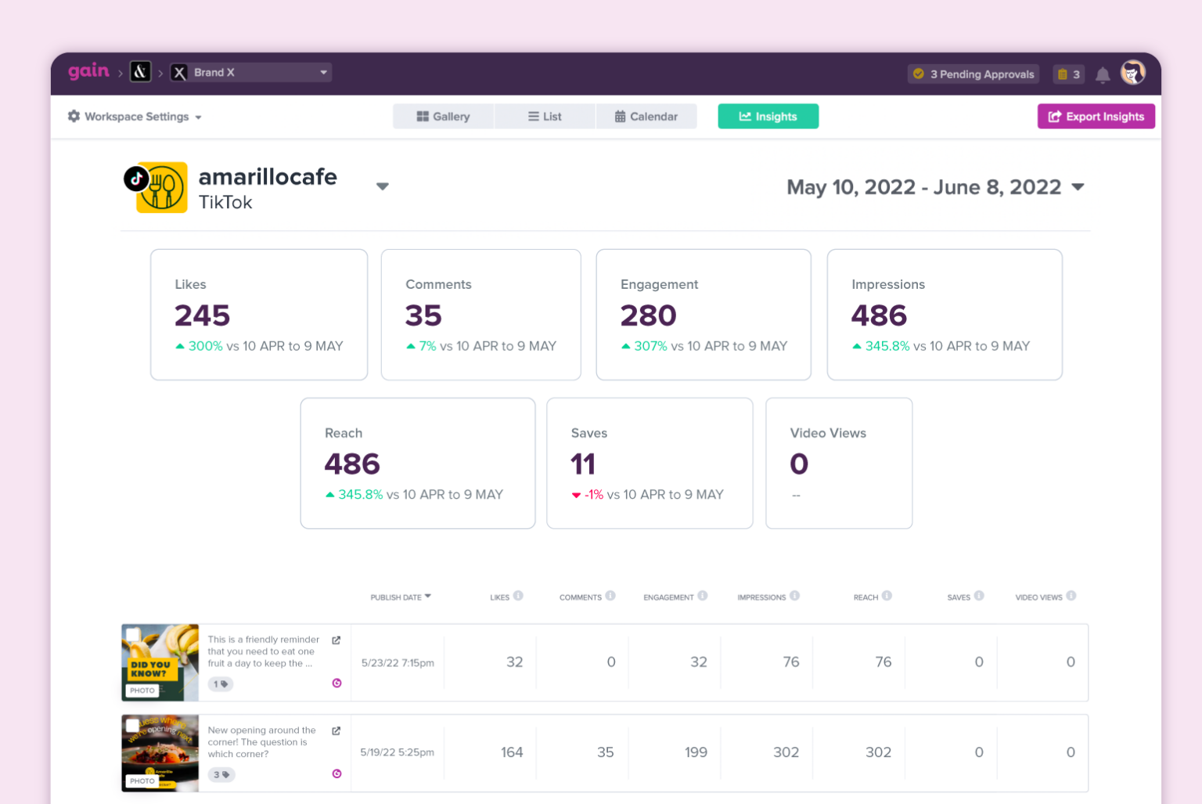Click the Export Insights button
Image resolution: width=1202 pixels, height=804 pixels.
1096,117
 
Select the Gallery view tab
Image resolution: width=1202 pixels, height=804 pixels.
443,117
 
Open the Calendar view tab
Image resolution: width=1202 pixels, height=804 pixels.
646,117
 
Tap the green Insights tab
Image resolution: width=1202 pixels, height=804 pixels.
768,117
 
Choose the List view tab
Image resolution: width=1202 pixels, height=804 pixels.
545,117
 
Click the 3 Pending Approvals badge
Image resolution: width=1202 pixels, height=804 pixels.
973,74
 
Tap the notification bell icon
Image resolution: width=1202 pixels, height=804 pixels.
1102,75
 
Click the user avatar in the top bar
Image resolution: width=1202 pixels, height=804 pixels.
1132,73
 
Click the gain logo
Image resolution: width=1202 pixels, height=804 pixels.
88,71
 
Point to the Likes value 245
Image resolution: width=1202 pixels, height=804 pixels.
202,315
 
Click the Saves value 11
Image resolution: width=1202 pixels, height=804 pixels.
583,464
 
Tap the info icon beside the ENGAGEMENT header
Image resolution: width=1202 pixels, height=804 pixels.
703,596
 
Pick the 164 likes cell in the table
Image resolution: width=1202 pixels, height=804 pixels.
512,752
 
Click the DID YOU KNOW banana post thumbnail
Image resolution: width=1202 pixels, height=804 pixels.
160,662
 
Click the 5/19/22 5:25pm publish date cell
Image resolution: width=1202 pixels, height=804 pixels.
397,752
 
